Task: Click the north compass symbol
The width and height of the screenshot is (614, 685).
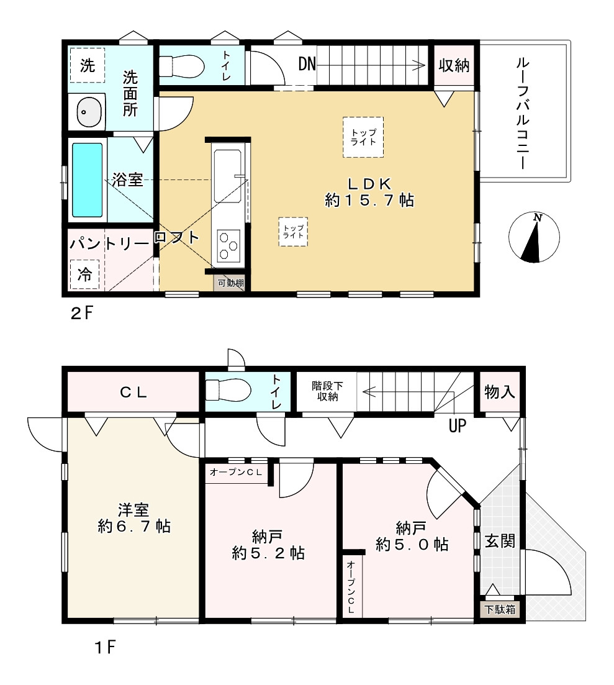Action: point(534,238)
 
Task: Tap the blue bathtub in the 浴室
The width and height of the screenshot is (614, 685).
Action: point(88,179)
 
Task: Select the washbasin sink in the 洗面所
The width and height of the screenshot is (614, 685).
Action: point(89,112)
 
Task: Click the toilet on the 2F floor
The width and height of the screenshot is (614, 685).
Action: point(182,66)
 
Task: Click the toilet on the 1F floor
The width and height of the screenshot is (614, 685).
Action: point(228,389)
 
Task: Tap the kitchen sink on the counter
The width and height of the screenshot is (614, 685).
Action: point(227,176)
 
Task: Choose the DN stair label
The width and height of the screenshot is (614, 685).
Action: point(307,65)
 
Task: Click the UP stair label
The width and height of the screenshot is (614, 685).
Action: point(457,425)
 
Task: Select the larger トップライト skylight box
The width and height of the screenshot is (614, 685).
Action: point(363,137)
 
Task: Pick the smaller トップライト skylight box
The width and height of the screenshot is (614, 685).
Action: point(293,232)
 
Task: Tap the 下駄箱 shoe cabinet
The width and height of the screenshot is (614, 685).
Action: point(500,609)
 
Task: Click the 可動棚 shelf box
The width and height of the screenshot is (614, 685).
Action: point(230,283)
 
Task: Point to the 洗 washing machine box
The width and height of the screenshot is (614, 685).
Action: point(88,65)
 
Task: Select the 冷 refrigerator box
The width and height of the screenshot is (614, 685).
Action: point(84,274)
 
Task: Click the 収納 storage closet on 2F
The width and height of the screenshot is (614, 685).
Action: point(454,65)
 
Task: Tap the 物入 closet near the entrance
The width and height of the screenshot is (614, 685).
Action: point(499,392)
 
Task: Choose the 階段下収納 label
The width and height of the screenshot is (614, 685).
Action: point(327,391)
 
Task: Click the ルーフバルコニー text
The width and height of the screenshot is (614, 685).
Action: point(523,114)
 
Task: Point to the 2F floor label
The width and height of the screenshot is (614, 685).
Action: point(82,313)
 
